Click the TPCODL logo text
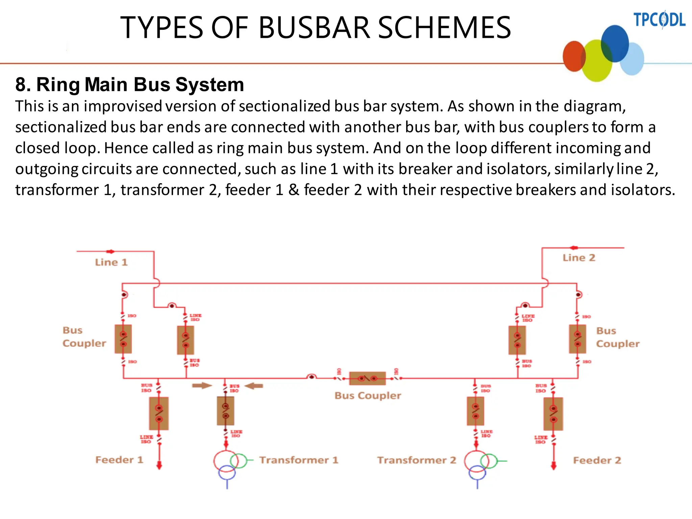pyautogui.click(x=659, y=20)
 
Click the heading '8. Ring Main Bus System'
pyautogui.click(x=129, y=84)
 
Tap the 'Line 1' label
pyautogui.click(x=111, y=262)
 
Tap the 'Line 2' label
pyautogui.click(x=578, y=258)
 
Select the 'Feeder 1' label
pyautogui.click(x=119, y=460)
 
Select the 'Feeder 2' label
pyautogui.click(x=597, y=460)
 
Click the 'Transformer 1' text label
pyautogui.click(x=299, y=460)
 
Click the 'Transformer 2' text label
pyautogui.click(x=417, y=460)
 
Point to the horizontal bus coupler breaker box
pyautogui.click(x=367, y=378)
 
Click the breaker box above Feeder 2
pyautogui.click(x=553, y=414)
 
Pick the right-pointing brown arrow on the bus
pyautogui.click(x=202, y=386)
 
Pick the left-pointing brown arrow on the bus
pyautogui.click(x=254, y=386)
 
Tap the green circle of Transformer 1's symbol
pyautogui.click(x=239, y=460)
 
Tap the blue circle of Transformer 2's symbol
pyautogui.click(x=477, y=473)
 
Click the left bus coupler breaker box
pyautogui.click(x=123, y=339)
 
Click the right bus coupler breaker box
pyautogui.click(x=577, y=339)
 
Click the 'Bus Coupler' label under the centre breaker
pyautogui.click(x=368, y=396)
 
